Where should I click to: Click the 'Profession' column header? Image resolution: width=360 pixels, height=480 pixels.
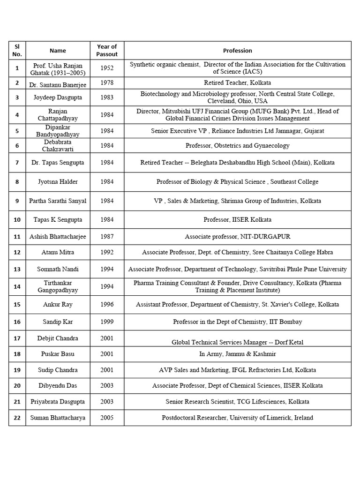pyautogui.click(x=237, y=51)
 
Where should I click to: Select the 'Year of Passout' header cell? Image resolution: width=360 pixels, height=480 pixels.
pyautogui.click(x=107, y=50)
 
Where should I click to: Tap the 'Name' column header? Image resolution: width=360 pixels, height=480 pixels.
pyautogui.click(x=58, y=51)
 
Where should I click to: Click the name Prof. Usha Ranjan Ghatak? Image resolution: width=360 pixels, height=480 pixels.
pyautogui.click(x=58, y=68)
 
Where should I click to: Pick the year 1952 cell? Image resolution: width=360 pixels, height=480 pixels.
pyautogui.click(x=107, y=68)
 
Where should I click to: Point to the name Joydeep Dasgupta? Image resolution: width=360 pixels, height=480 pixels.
pyautogui.click(x=58, y=97)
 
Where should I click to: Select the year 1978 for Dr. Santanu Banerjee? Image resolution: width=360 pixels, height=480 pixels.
pyautogui.click(x=107, y=83)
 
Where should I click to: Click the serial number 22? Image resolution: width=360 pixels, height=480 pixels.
pyautogui.click(x=17, y=418)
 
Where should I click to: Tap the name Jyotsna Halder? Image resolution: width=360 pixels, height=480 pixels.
pyautogui.click(x=58, y=182)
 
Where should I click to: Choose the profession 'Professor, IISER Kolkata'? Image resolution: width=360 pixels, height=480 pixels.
pyautogui.click(x=237, y=219)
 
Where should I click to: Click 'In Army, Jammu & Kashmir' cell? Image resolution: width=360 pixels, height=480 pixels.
pyautogui.click(x=237, y=354)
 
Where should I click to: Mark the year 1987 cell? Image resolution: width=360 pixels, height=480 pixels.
pyautogui.click(x=107, y=237)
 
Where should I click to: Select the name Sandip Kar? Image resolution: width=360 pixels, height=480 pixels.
pyautogui.click(x=58, y=322)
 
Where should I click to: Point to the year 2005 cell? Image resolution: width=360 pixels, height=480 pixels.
pyautogui.click(x=107, y=418)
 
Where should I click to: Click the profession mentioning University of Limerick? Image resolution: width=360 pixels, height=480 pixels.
pyautogui.click(x=237, y=418)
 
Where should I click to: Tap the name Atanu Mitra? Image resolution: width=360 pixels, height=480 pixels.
pyautogui.click(x=58, y=252)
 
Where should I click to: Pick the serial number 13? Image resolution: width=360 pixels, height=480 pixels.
pyautogui.click(x=17, y=270)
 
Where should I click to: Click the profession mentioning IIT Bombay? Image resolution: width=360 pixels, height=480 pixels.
pyautogui.click(x=237, y=322)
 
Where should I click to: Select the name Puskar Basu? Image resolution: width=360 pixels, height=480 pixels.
pyautogui.click(x=58, y=354)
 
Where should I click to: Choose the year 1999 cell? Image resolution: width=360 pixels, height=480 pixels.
pyautogui.click(x=107, y=322)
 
